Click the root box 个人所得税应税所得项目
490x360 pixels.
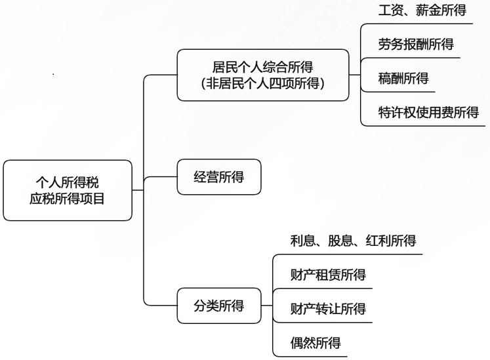pos(68,190)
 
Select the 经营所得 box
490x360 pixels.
pos(219,177)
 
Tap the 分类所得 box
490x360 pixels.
pos(219,306)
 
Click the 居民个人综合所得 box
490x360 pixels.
pos(263,75)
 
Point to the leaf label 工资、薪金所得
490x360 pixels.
pos(422,10)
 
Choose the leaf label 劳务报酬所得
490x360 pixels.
pos(416,44)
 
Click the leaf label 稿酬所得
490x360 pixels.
pos(403,78)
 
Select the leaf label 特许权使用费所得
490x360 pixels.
pos(428,112)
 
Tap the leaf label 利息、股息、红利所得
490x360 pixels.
pos(353,241)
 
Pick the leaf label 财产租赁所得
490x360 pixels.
pos(328,275)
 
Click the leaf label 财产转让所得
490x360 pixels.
pos(328,309)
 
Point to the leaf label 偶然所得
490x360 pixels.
pos(316,343)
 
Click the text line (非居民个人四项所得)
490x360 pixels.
pos(263,83)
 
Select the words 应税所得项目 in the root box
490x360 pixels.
pos(67,199)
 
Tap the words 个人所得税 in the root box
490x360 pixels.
pos(67,182)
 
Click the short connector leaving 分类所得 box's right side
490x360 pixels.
pos(267,306)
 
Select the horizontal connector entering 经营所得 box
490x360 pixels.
pos(161,177)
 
